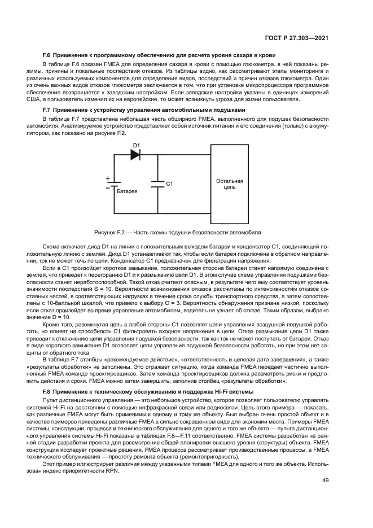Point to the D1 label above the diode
[x=135, y=146]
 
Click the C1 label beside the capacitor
[x=169, y=184]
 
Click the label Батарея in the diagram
[x=127, y=191]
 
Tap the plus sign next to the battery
[x=107, y=178]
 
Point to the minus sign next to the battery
[x=107, y=187]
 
